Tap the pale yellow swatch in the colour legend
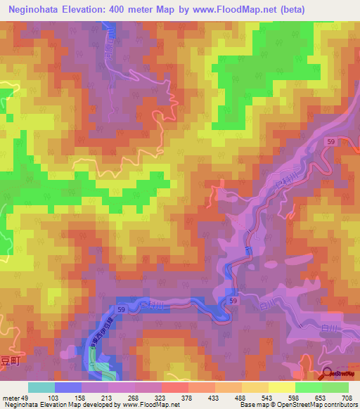pyautogui.click(x=281, y=388)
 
